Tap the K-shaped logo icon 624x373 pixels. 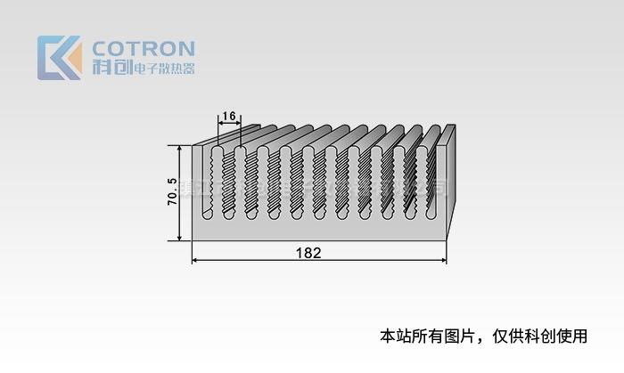click(x=59, y=58)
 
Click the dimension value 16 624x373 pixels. click(x=228, y=116)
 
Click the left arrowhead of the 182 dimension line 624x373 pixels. click(x=197, y=260)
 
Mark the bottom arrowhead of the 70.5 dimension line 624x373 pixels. click(x=180, y=236)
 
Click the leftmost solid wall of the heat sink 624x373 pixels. click(x=198, y=191)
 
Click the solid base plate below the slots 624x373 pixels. click(x=321, y=230)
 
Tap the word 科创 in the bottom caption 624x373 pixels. click(x=536, y=336)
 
